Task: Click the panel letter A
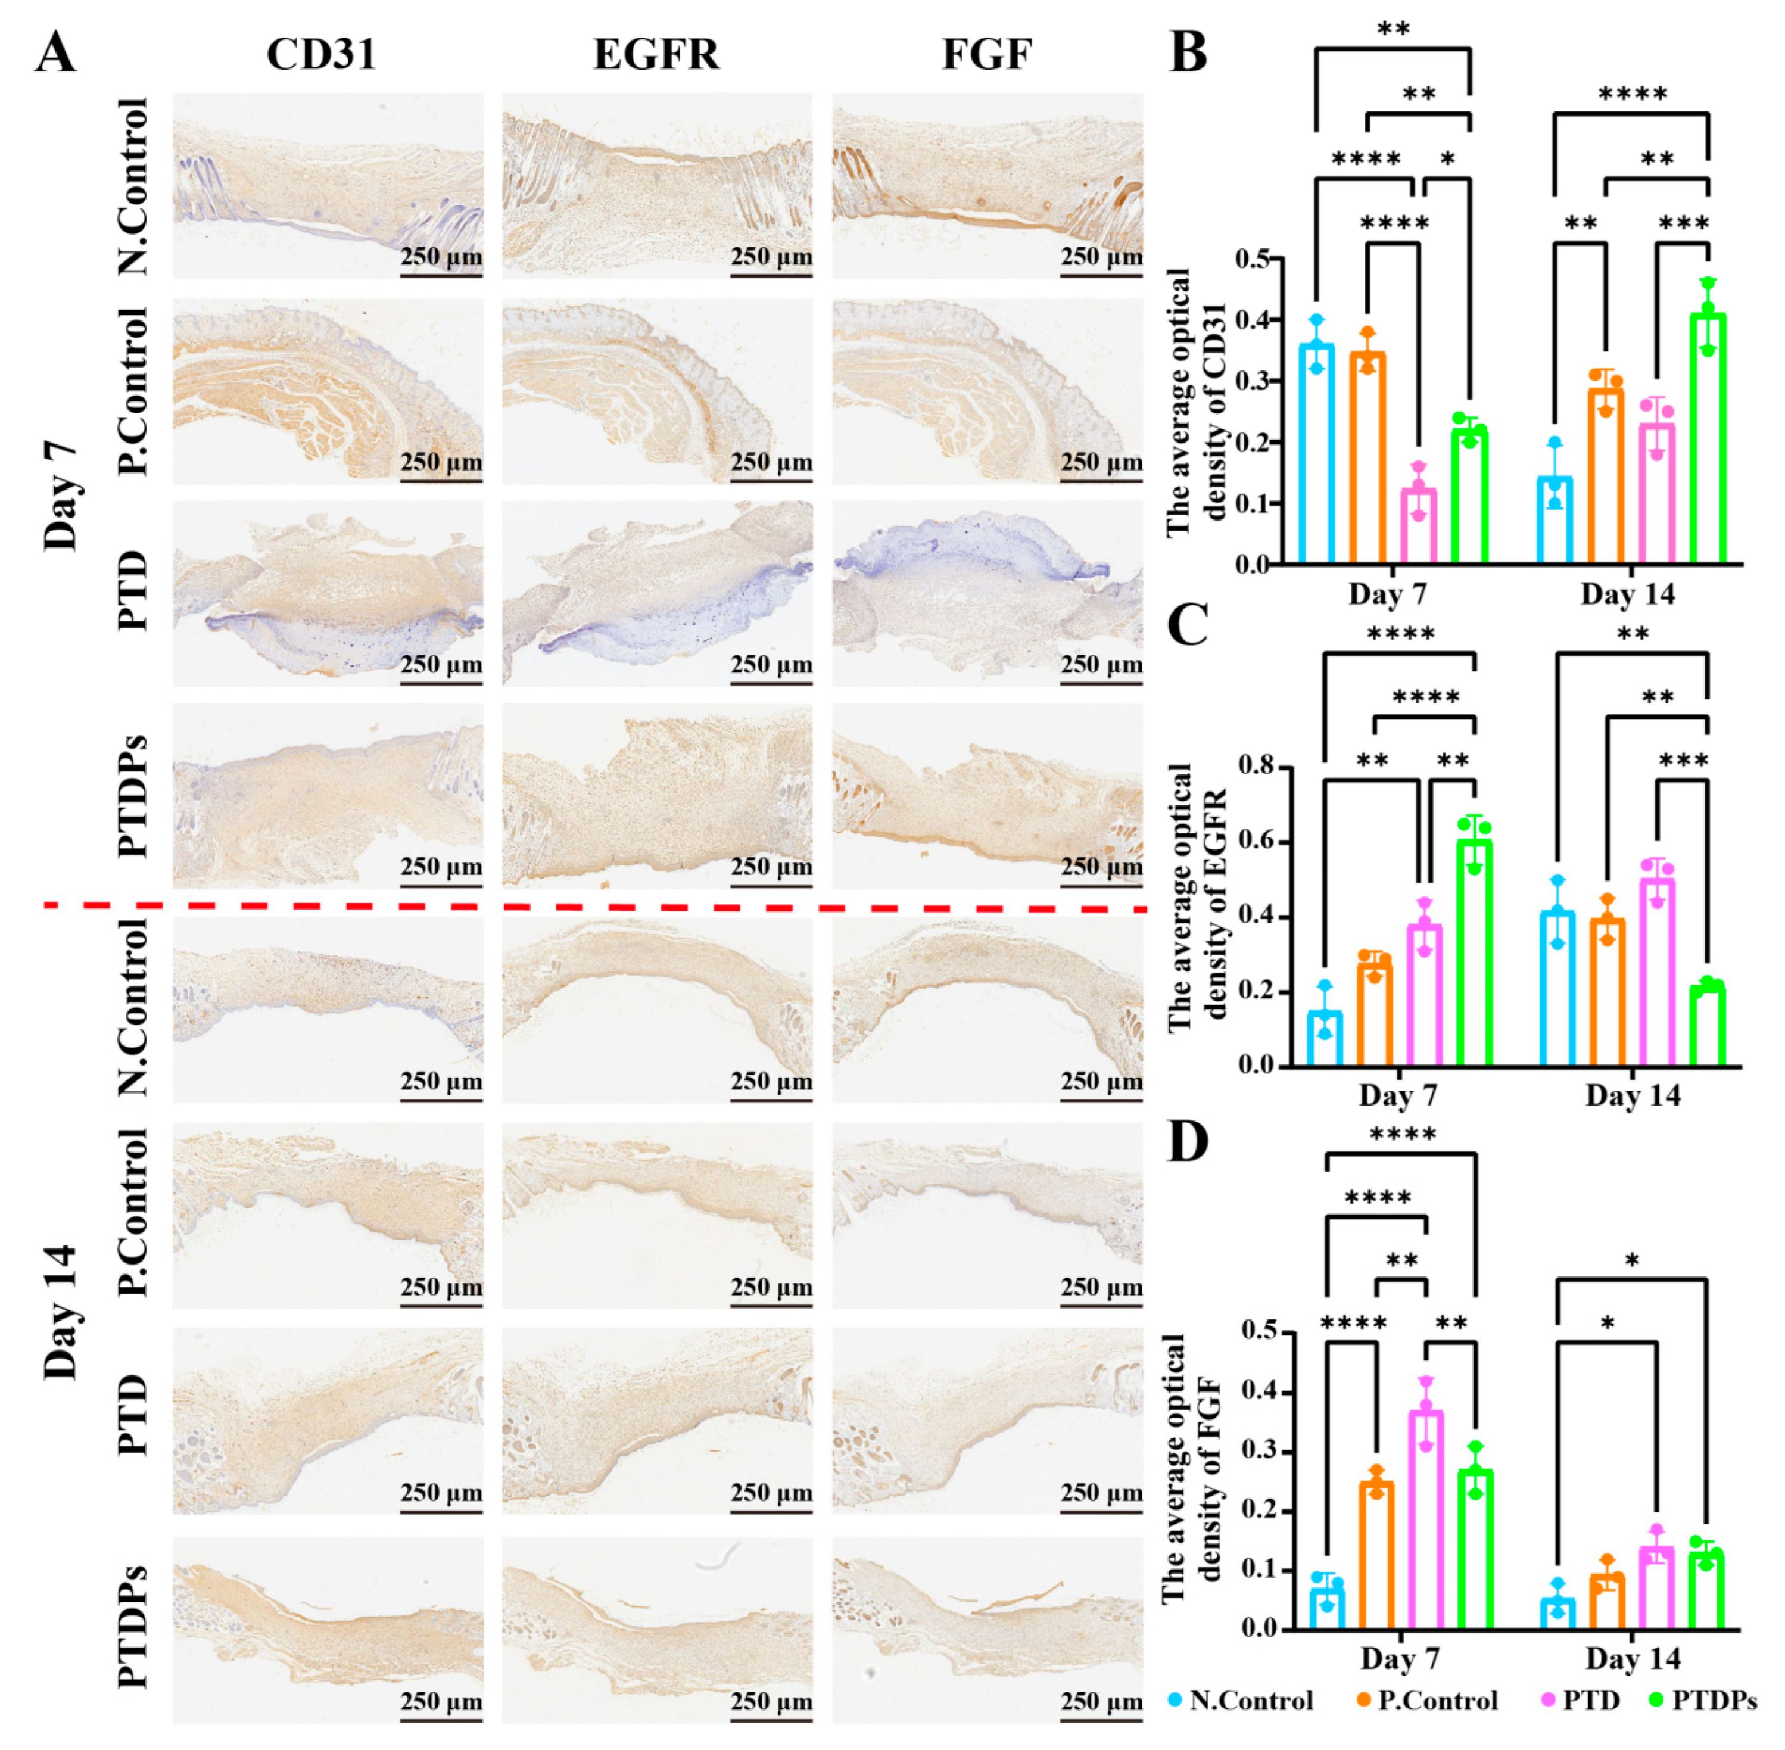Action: tap(55, 53)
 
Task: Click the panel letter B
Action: tap(1188, 52)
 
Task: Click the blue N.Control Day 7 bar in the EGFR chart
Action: tap(1325, 1039)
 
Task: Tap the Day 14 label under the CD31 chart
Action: tap(1627, 594)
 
